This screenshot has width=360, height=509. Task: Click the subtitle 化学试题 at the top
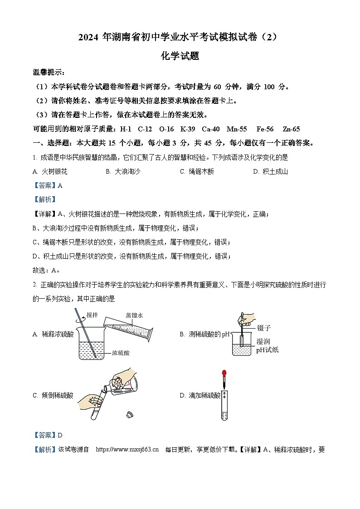(180, 56)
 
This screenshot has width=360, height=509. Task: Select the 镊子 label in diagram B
(264, 328)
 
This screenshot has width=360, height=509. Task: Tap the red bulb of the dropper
(224, 374)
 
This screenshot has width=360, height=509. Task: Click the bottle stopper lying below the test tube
(129, 414)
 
